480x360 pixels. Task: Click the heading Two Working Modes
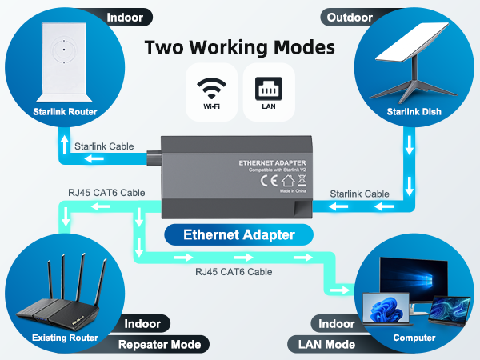(x=240, y=46)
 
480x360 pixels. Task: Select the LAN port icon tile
(x=269, y=90)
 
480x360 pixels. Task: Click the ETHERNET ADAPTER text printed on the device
(x=268, y=162)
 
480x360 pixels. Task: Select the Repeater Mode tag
(x=164, y=345)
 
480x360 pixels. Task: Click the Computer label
(x=414, y=338)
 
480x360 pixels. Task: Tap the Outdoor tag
(x=350, y=16)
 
